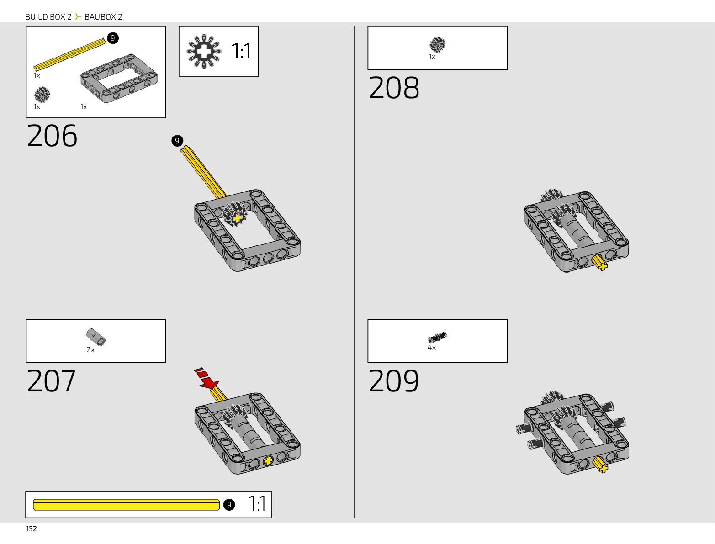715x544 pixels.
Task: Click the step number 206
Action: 52,136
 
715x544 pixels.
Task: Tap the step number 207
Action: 51,381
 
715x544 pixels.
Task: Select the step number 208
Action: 393,88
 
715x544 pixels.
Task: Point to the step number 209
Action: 393,381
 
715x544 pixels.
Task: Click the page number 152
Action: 32,529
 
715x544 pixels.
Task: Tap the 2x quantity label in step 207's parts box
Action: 90,350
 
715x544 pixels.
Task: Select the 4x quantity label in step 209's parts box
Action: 432,348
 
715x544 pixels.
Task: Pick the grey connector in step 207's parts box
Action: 96,337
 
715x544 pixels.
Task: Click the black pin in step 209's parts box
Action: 437,338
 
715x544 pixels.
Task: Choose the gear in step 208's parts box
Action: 437,45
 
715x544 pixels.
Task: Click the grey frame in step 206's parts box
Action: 119,78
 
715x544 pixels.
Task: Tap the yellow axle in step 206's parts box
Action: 69,55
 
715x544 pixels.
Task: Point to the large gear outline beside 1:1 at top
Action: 204,51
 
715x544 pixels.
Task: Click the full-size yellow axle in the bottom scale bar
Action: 126,505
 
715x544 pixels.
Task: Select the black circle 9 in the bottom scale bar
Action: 229,505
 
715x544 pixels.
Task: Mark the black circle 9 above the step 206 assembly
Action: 177,141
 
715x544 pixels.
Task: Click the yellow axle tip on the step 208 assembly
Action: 600,263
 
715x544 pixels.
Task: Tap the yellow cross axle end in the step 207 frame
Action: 268,461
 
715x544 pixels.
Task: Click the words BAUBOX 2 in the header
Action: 103,17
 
